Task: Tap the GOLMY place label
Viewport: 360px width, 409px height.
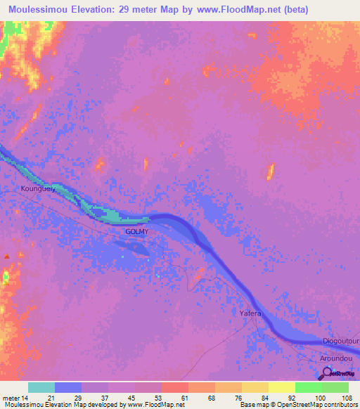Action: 136,231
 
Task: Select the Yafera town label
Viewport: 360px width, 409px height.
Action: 250,314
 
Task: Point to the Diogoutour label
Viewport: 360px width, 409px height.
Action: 340,342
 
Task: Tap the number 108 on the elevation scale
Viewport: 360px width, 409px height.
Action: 346,398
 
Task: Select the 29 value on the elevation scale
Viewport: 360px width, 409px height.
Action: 79,398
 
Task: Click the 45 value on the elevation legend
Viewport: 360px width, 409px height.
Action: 132,398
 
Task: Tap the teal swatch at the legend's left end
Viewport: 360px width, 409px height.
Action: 41,387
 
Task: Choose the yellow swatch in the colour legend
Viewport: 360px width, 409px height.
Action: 281,387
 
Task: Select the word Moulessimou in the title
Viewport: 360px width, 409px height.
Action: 40,11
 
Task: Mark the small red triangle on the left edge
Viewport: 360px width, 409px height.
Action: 7,257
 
